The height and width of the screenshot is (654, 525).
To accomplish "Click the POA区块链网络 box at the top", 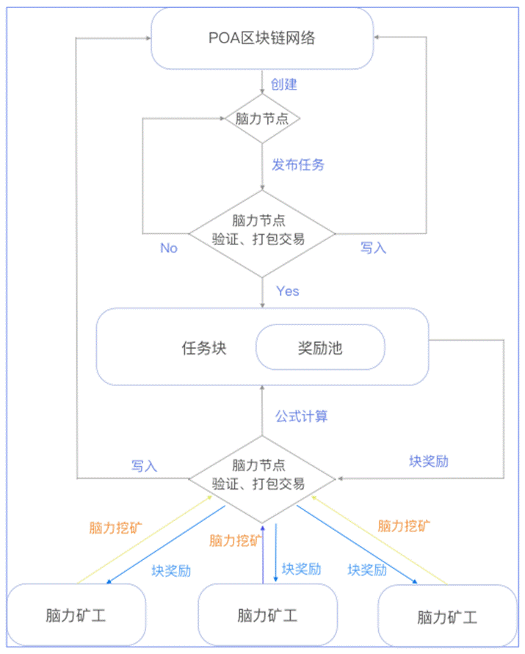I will pyautogui.click(x=262, y=37).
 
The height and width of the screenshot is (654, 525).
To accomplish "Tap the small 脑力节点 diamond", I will pyautogui.click(x=262, y=118).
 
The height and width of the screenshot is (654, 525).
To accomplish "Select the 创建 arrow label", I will pyautogui.click(x=284, y=84).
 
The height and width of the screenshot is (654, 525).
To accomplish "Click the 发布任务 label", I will pyautogui.click(x=298, y=164).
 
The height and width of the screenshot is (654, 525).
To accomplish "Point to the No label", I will pyautogui.click(x=169, y=248).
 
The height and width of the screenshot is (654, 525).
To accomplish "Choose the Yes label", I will pyautogui.click(x=288, y=291).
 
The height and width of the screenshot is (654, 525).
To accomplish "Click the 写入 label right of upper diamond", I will pyautogui.click(x=373, y=248).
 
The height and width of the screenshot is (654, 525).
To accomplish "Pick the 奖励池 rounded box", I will pyautogui.click(x=319, y=347).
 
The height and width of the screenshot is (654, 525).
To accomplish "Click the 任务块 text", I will pyautogui.click(x=204, y=347).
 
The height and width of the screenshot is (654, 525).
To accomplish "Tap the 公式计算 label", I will pyautogui.click(x=302, y=416).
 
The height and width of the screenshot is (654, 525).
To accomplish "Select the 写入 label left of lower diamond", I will pyautogui.click(x=145, y=465).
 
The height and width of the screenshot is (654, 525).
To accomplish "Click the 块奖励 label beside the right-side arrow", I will pyautogui.click(x=429, y=462).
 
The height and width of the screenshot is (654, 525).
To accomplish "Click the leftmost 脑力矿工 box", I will pyautogui.click(x=76, y=615).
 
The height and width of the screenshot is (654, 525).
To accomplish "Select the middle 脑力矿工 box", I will pyautogui.click(x=268, y=615).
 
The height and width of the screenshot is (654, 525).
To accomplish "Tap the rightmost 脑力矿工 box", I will pyautogui.click(x=447, y=617).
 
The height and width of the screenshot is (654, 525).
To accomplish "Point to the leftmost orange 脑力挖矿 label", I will pyautogui.click(x=116, y=527).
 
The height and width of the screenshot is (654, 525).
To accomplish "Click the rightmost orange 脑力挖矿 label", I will pyautogui.click(x=405, y=526).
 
